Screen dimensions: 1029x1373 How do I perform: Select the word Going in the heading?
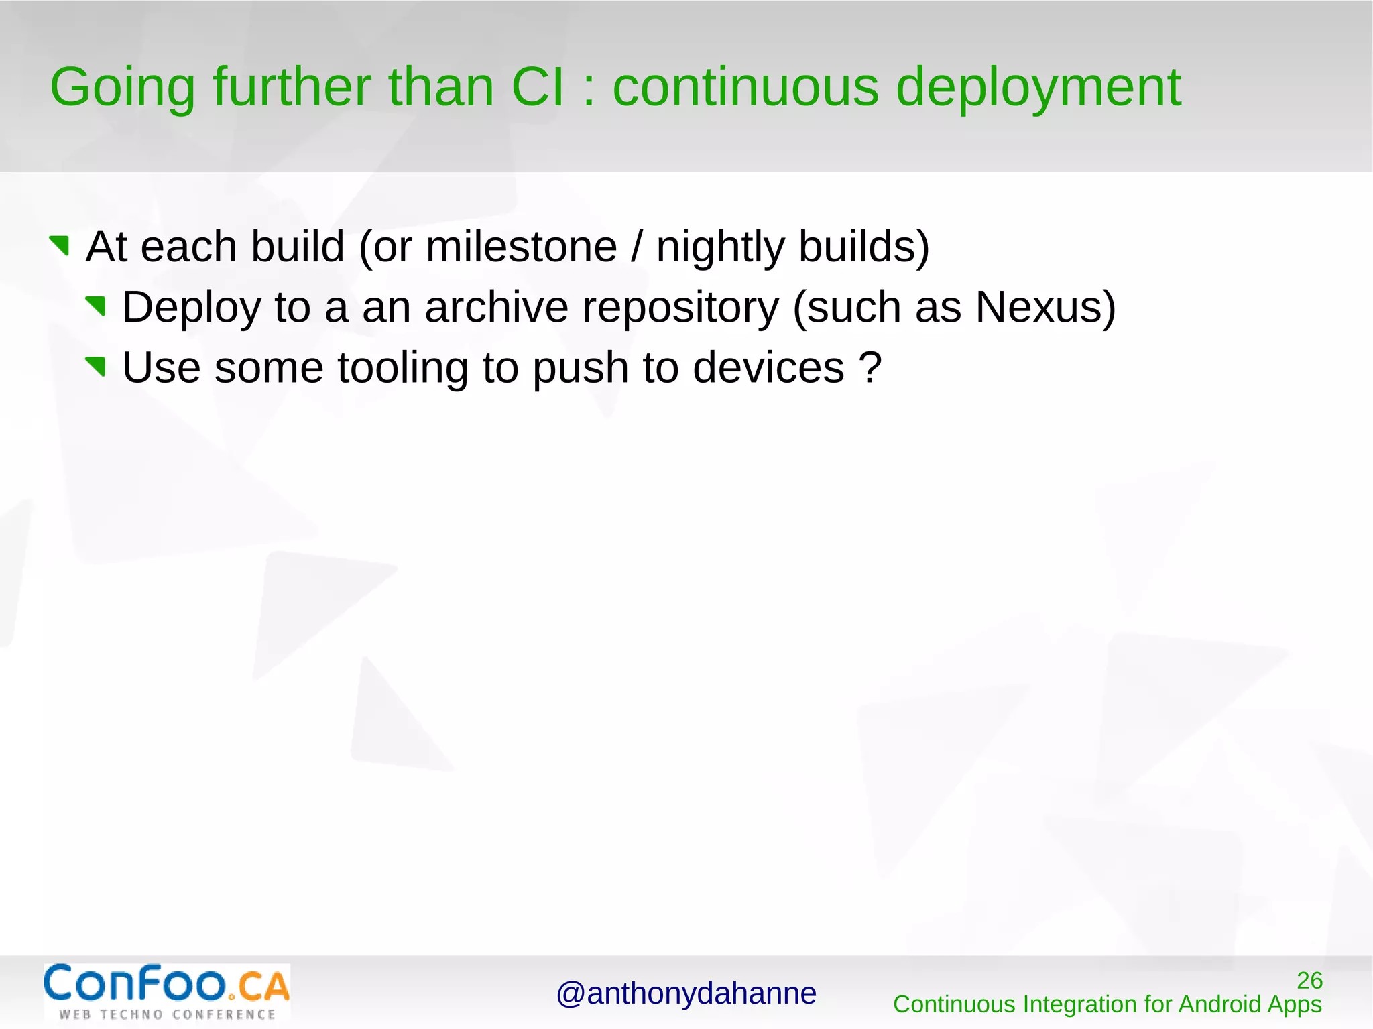123,88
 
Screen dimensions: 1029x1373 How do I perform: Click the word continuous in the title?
745,88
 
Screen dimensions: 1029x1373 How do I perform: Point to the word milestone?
521,247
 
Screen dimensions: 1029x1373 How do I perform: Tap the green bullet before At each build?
60,245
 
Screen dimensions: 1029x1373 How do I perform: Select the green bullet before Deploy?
97,306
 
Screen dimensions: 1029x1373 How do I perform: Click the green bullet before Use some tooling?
97,367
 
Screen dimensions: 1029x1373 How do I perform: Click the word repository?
680,308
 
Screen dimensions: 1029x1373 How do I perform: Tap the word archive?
496,308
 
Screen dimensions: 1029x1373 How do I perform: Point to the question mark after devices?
870,368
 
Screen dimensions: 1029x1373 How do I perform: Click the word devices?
768,368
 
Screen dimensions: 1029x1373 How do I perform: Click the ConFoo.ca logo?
166,984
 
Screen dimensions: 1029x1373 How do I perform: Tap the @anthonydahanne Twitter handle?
686,993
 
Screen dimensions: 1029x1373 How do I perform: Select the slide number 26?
1309,981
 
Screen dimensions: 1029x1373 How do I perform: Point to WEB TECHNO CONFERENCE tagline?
167,1014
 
